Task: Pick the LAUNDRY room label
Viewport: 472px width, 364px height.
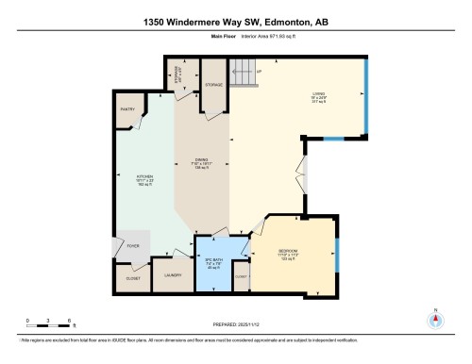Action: click(172, 274)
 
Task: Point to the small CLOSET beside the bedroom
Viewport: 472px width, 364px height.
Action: click(241, 275)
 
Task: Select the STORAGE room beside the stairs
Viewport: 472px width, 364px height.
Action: click(214, 85)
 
